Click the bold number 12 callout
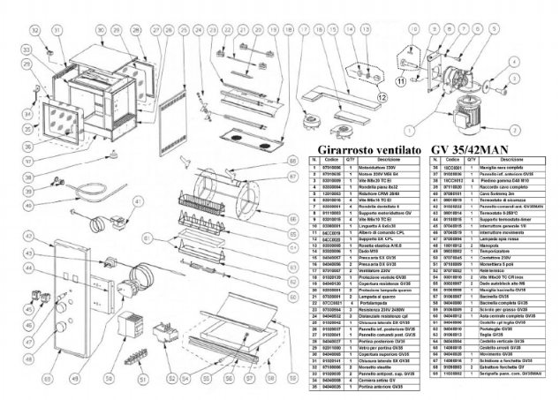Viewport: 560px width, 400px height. point(382,99)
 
